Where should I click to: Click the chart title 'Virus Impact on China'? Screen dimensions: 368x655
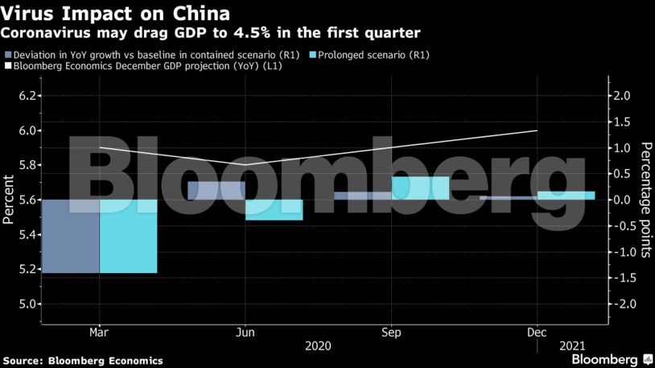tap(115, 14)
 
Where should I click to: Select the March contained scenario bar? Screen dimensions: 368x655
tap(69, 236)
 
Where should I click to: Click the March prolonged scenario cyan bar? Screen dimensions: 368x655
tap(128, 236)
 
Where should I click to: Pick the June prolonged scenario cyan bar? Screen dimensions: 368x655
tap(274, 209)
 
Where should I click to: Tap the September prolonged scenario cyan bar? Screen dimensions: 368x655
tap(420, 188)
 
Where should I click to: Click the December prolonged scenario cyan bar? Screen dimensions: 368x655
tap(566, 195)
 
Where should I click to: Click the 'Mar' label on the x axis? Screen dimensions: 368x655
tap(99, 332)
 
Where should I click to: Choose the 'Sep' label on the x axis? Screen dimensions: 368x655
tap(391, 332)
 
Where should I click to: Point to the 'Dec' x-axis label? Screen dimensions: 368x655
tap(537, 332)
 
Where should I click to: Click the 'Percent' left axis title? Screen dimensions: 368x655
tap(9, 200)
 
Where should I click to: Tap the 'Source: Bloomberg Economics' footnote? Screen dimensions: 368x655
tap(83, 360)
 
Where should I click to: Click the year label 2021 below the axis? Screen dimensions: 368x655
tap(572, 345)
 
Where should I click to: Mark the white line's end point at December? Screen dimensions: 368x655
tap(537, 130)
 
